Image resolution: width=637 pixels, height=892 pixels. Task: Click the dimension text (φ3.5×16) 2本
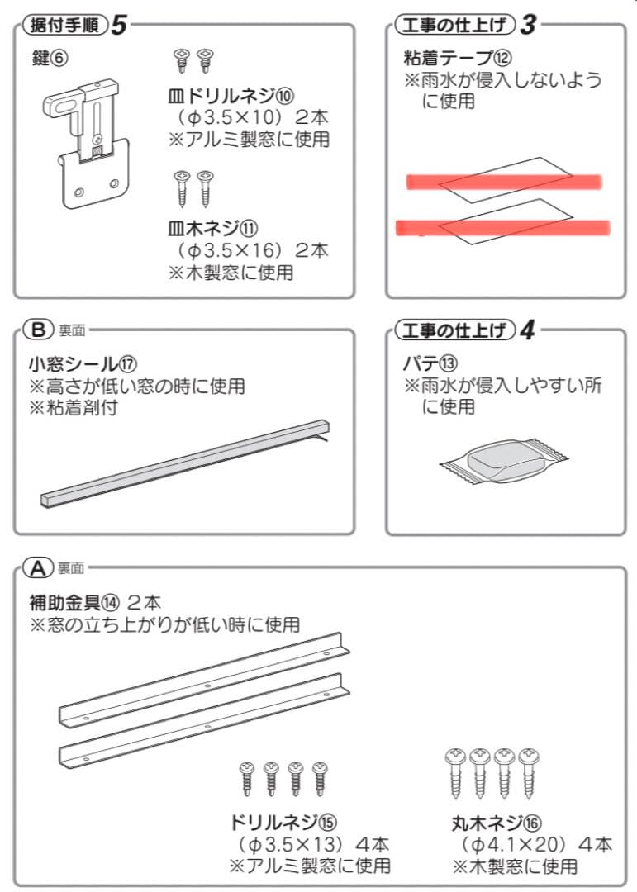pos(248,249)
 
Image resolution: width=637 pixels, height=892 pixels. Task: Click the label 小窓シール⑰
pos(83,363)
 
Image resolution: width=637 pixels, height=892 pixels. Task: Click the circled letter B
pos(38,330)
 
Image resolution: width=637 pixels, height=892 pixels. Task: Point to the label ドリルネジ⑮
pos(283,822)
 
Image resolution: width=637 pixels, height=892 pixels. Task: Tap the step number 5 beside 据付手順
pos(119,25)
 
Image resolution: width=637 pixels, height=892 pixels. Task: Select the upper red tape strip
pos(503,182)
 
